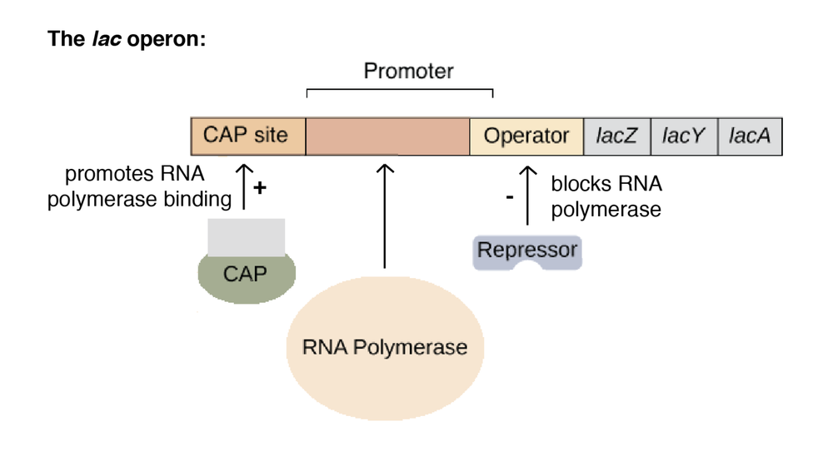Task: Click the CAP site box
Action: (x=247, y=136)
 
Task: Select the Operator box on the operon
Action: (x=526, y=136)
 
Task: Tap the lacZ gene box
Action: (x=616, y=136)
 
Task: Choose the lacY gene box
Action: (x=683, y=136)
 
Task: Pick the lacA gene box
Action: (x=750, y=136)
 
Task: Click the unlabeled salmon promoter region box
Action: (x=387, y=136)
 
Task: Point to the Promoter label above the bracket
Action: (x=408, y=72)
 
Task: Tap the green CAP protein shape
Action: (x=245, y=275)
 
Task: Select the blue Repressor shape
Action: (x=526, y=251)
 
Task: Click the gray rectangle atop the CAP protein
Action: (x=246, y=236)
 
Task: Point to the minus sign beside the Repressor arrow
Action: (x=510, y=197)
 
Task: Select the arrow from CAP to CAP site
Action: (x=244, y=185)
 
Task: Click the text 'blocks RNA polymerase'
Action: (x=606, y=197)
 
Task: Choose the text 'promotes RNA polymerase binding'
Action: (x=138, y=187)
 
